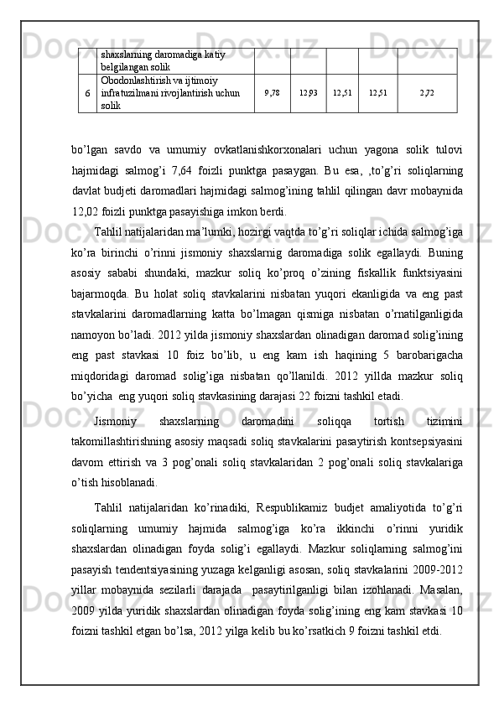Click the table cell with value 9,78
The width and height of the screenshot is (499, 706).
(271, 93)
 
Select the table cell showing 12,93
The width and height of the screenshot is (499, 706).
(308, 93)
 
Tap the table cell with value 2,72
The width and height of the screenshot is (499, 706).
(427, 93)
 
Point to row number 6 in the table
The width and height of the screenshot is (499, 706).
(88, 93)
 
